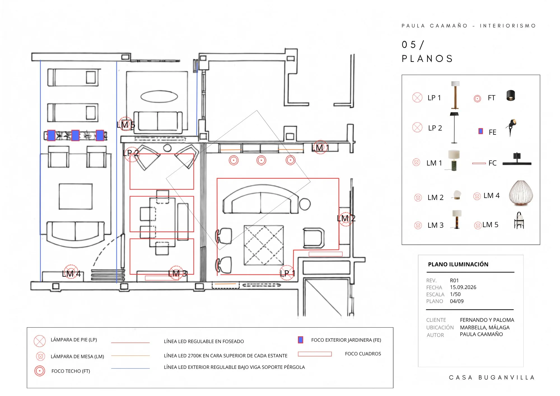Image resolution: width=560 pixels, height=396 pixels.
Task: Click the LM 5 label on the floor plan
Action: [126, 125]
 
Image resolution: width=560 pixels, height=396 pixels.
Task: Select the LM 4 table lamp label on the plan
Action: [71, 274]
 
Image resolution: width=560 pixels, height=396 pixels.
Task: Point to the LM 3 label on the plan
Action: [178, 274]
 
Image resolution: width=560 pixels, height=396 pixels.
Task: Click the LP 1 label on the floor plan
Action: [288, 273]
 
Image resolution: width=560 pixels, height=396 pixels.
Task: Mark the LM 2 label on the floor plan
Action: [346, 218]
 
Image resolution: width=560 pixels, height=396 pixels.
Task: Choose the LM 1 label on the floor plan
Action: [320, 148]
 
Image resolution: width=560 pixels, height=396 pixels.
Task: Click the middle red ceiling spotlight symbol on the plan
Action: [261, 160]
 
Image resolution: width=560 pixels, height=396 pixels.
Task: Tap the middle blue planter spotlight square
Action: [76, 135]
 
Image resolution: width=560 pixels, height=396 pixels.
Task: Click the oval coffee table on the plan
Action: [159, 97]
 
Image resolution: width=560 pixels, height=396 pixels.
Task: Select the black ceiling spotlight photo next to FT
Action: [511, 95]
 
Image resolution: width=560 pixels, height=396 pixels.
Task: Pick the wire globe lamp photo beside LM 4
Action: [521, 193]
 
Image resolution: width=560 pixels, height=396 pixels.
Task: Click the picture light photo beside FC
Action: [517, 160]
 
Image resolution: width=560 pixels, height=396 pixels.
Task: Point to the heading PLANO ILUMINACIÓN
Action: [458, 264]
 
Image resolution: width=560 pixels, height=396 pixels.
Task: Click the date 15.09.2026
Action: [463, 287]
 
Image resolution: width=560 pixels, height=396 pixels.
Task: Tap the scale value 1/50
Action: [455, 294]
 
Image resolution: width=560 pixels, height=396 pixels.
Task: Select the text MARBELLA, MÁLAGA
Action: [485, 327]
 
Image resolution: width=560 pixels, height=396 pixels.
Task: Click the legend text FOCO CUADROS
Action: [363, 354]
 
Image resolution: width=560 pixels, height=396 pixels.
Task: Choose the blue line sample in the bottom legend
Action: [130, 368]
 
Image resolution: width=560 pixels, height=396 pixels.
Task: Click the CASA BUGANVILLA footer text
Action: [492, 378]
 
